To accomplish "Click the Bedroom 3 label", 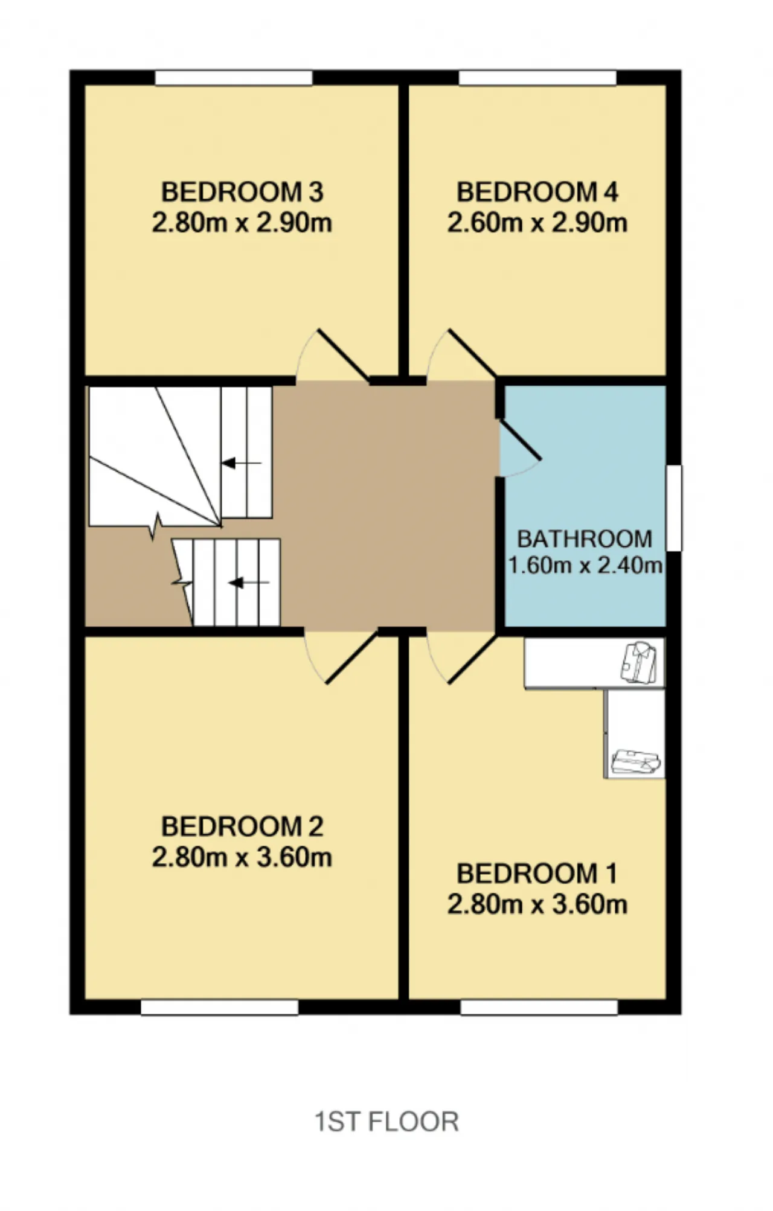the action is [242, 193].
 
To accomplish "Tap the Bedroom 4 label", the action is [537, 193].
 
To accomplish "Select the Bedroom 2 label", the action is [242, 826].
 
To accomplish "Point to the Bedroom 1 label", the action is [537, 874].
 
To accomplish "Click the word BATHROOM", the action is [585, 538].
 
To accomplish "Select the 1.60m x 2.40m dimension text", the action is [585, 566].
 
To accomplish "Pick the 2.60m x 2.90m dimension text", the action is [537, 223].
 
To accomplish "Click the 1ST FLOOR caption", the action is [386, 1122].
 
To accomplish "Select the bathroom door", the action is [519, 446].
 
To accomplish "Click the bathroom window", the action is [674, 508].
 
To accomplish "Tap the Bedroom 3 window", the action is [234, 78].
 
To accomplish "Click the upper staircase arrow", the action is [241, 463].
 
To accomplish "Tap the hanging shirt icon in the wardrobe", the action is [639, 662].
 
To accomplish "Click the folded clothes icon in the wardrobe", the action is [635, 761].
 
